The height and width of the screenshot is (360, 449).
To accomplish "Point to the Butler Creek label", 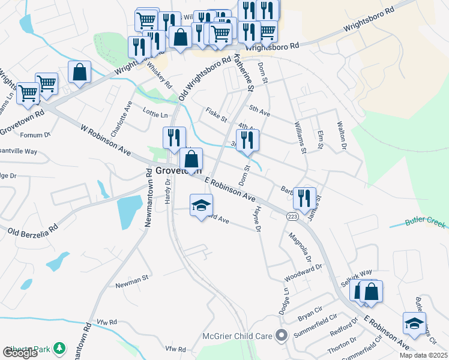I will point(425,221).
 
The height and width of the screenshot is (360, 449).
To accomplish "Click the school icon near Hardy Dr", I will point(202,206).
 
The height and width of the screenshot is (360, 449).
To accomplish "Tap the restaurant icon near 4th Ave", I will point(247,140).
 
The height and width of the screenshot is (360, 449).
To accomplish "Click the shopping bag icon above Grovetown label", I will point(191,160).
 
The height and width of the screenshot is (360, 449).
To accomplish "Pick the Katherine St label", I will point(244,71).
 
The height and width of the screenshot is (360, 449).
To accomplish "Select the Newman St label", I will point(131,279).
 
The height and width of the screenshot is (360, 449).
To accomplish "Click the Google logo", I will point(20,353).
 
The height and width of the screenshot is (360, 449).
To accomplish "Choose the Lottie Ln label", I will point(155,114).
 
